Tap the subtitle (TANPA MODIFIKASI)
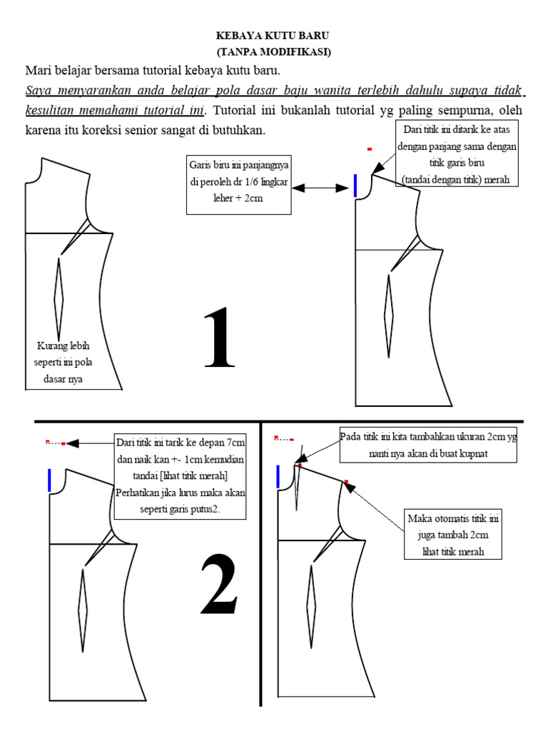tap(273, 52)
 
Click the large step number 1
tap(220, 338)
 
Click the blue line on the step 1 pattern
tap(355, 185)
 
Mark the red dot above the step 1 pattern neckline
tap(370, 149)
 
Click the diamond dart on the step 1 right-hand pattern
tap(389, 315)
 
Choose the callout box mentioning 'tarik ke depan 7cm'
tap(181, 477)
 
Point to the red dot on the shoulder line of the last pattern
tap(347, 482)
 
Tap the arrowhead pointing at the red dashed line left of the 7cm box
tap(71, 443)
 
